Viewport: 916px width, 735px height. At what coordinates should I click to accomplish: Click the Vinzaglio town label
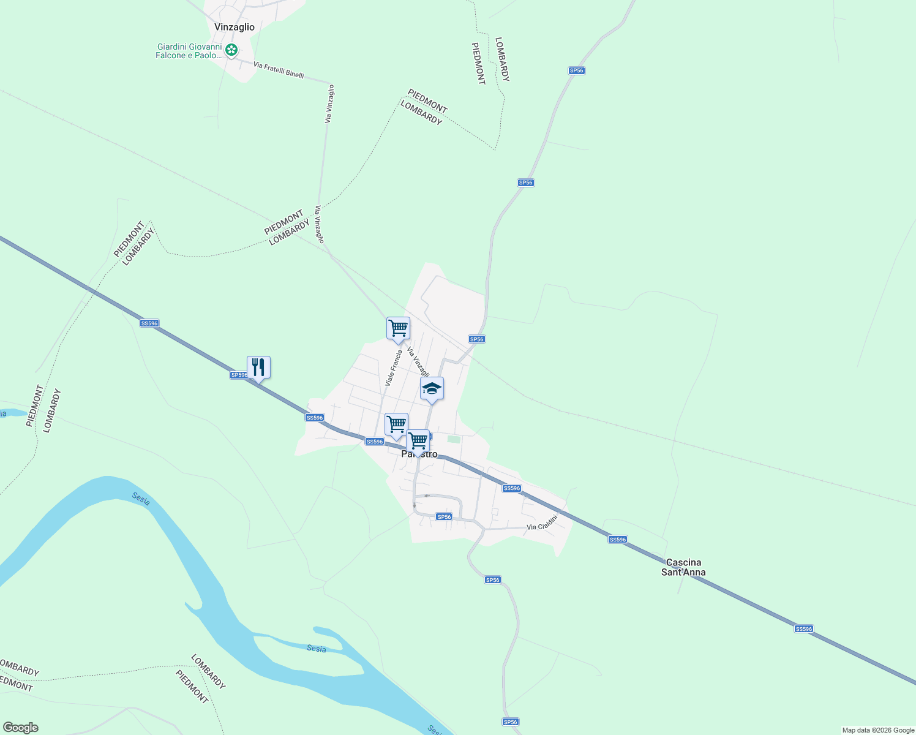point(235,27)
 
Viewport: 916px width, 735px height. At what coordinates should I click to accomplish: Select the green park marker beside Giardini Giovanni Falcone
point(231,50)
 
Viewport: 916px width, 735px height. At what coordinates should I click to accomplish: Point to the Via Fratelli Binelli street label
point(279,70)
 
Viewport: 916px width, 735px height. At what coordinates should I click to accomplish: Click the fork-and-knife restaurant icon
point(258,367)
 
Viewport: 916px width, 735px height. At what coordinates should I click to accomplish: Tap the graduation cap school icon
point(432,388)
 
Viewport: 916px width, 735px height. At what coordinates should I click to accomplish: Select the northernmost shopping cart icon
point(398,328)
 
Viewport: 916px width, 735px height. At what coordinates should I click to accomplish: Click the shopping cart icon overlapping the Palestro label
point(418,441)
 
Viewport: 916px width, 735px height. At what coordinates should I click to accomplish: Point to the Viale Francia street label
point(393,368)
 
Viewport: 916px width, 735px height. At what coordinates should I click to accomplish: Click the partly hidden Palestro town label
point(419,454)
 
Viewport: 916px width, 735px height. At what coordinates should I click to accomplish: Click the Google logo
point(20,728)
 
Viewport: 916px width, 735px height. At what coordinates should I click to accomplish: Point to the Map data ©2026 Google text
point(877,730)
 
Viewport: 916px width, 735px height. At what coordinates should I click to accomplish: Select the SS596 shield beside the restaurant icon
point(239,375)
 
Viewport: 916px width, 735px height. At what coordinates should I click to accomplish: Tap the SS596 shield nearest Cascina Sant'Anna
point(617,540)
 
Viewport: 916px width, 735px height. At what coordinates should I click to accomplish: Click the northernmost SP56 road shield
point(576,70)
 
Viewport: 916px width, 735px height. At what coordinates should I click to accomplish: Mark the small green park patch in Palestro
point(453,439)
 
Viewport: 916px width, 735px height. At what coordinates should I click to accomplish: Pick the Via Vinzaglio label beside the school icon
point(418,363)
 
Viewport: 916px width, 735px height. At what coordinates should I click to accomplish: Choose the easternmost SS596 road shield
point(803,629)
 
